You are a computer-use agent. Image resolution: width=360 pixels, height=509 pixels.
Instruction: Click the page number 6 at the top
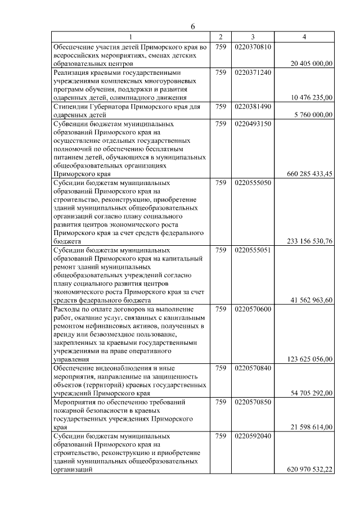[x=192, y=27]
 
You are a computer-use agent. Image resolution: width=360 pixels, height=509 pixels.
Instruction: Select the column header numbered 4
[x=304, y=38]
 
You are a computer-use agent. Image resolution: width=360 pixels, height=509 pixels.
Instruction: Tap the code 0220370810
[x=253, y=47]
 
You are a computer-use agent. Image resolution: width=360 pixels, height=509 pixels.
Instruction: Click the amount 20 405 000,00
[x=312, y=65]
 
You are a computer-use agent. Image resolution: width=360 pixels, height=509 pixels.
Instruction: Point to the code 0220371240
[x=253, y=73]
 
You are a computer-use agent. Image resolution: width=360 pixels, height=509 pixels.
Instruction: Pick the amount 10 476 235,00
[x=312, y=98]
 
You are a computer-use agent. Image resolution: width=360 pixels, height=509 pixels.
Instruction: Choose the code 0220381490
[x=253, y=106]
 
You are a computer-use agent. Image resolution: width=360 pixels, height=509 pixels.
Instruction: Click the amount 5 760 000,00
[x=313, y=114]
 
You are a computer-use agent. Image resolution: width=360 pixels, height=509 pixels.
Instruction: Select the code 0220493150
[x=253, y=123]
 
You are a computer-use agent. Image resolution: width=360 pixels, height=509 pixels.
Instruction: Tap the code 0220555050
[x=253, y=183]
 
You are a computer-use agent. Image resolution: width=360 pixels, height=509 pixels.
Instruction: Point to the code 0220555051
[x=253, y=250]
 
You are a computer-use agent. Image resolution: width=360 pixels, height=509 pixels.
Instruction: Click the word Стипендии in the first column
[x=71, y=106]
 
